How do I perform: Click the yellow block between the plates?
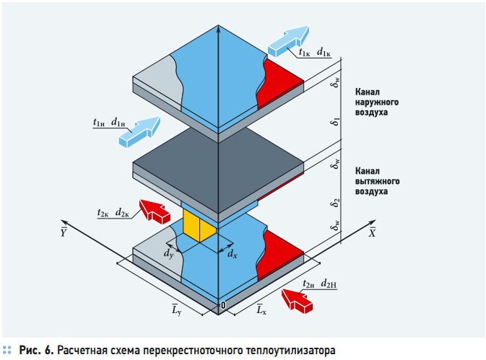tap(198, 225)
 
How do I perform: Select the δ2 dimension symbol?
tap(335, 203)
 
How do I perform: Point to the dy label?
tap(168, 253)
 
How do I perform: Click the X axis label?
tap(372, 232)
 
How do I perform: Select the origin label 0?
tap(224, 306)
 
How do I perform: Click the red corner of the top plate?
tap(282, 75)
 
